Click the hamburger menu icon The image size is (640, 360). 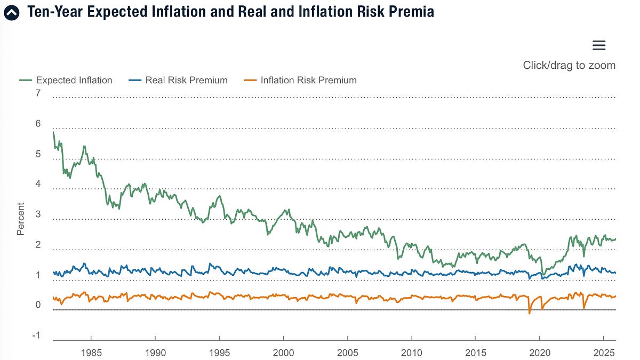(599, 45)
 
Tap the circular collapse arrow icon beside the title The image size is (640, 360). (11, 12)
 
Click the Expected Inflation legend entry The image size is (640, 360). (66, 81)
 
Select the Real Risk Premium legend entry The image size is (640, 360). (179, 81)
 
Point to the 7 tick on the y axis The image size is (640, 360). (38, 94)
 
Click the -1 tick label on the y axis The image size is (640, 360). (36, 335)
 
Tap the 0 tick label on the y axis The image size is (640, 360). (38, 305)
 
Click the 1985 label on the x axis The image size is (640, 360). (91, 353)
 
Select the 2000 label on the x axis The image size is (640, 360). (283, 353)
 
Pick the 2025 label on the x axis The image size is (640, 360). (603, 353)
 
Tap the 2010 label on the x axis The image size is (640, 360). (411, 353)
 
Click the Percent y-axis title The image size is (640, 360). (21, 219)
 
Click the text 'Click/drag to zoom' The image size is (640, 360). (569, 66)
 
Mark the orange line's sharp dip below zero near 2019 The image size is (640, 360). (530, 313)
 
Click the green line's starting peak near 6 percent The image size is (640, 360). (54, 132)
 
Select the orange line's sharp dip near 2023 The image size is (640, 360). (584, 308)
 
